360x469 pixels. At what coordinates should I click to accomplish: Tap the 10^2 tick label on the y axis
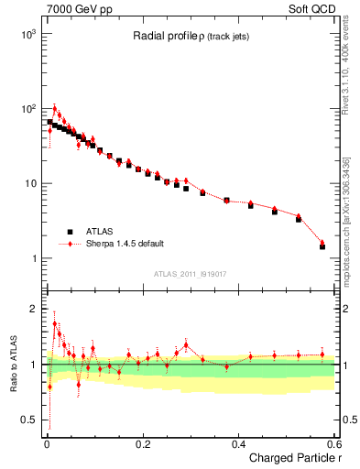27,109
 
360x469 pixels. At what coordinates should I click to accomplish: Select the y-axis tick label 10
29,184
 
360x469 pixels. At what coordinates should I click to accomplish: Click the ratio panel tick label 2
34,309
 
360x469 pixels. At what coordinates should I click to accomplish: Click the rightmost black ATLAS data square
322,246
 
